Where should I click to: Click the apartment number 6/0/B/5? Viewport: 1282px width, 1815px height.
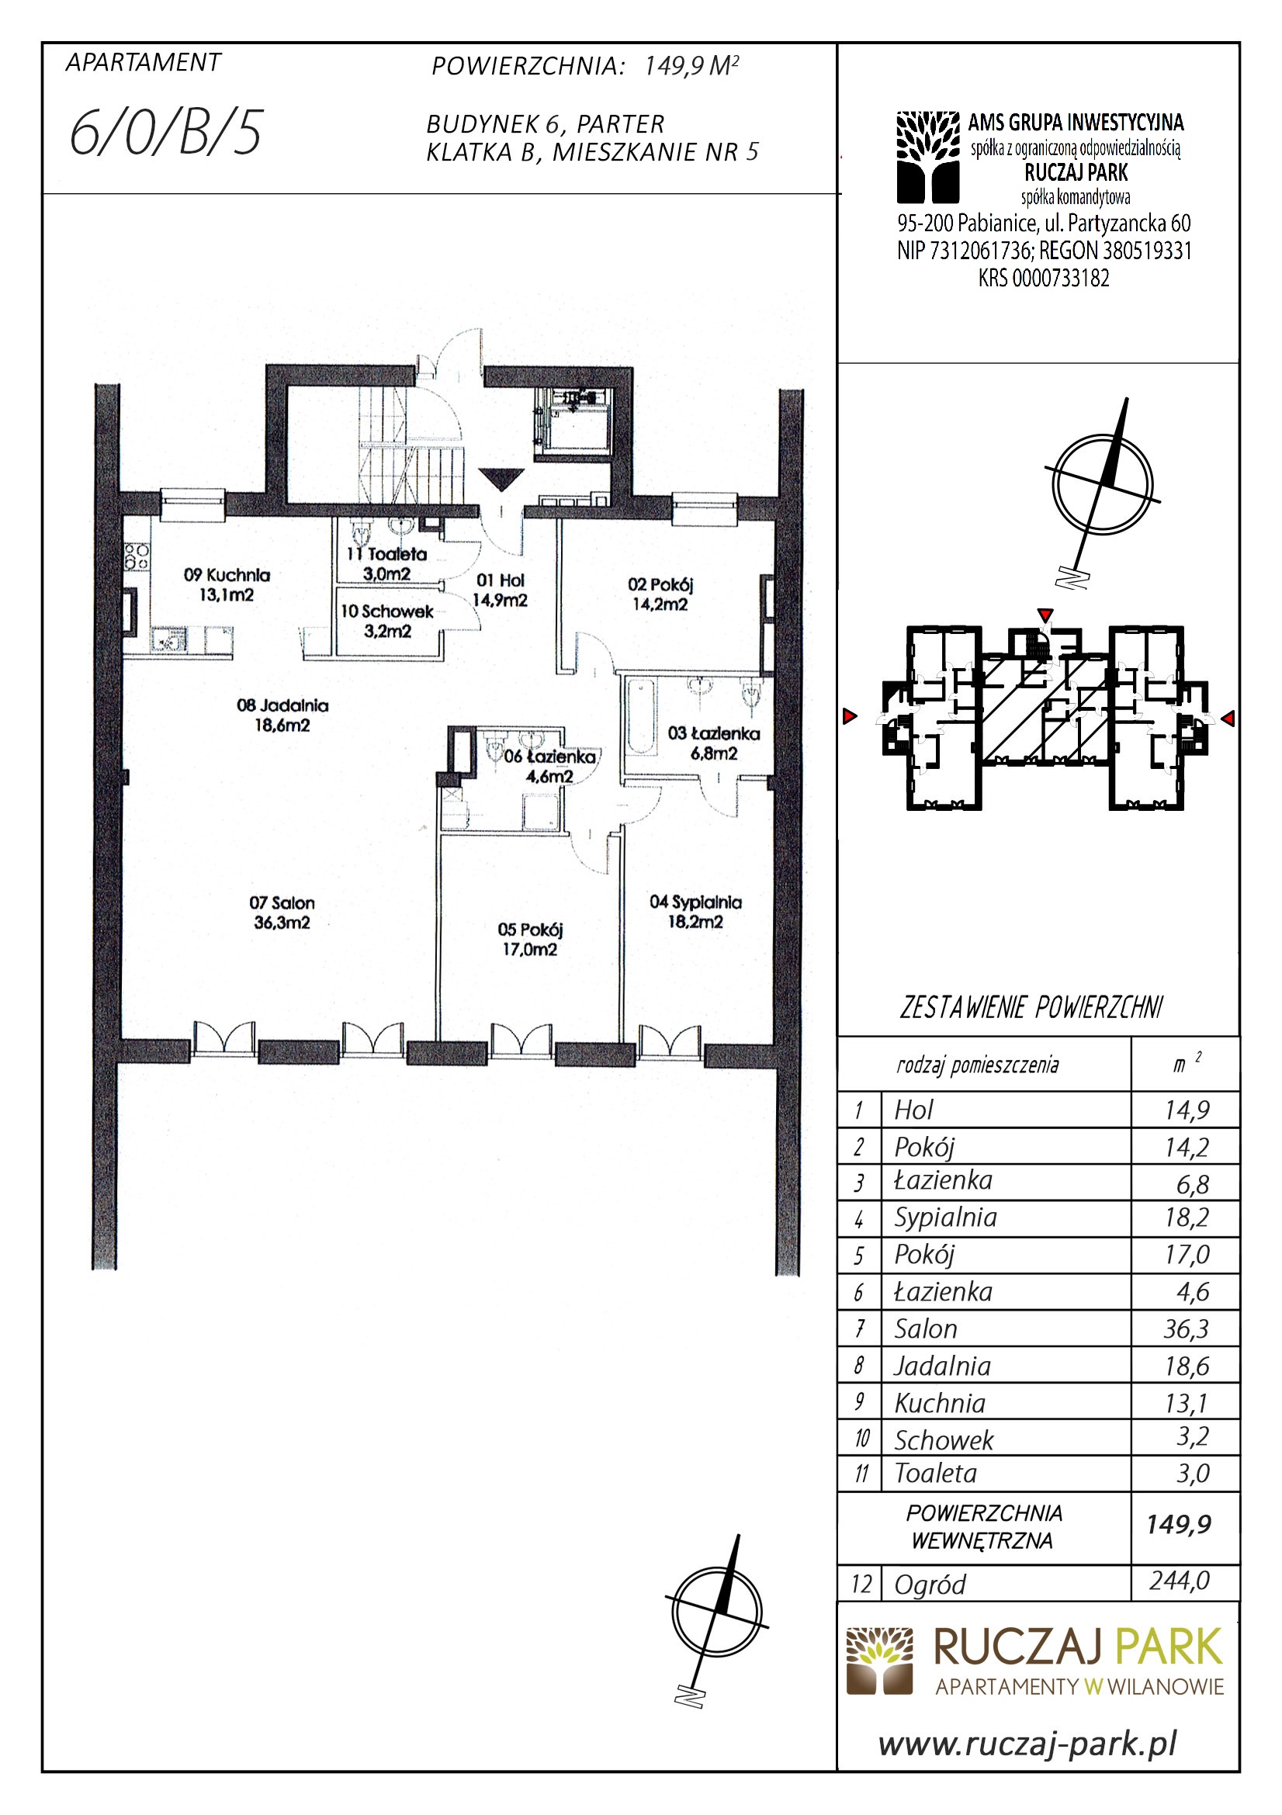(165, 133)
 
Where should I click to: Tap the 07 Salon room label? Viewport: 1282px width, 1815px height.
(282, 913)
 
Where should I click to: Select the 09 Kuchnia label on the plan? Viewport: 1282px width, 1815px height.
(227, 585)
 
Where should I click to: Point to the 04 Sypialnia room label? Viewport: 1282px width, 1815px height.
(695, 912)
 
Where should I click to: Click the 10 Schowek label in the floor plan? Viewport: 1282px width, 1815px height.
(387, 621)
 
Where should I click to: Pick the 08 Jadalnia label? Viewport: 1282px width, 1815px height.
(282, 715)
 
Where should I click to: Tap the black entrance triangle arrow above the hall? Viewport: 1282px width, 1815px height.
(502, 480)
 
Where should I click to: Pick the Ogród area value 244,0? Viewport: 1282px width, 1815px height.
(1180, 1580)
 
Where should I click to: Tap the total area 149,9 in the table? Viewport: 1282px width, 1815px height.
(1180, 1523)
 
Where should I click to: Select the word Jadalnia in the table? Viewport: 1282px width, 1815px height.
(942, 1366)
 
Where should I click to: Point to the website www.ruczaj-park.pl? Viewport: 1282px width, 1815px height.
(1028, 1743)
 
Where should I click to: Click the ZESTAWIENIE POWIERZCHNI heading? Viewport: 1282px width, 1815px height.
(1031, 1008)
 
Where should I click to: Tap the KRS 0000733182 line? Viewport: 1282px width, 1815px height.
(1043, 279)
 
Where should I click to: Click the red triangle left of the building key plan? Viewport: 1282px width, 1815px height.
(850, 716)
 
